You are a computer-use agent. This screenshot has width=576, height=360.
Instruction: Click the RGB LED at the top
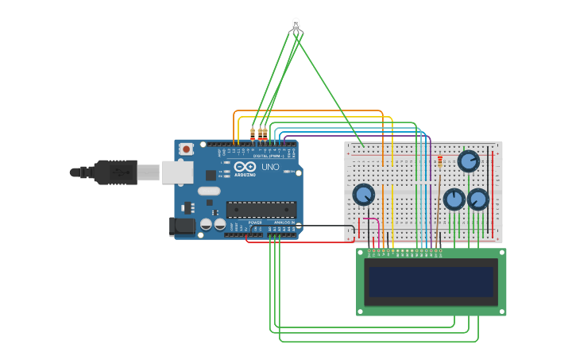(x=296, y=25)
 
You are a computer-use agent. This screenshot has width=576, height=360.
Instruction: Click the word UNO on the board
(x=270, y=168)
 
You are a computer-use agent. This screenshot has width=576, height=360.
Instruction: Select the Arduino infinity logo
(x=245, y=167)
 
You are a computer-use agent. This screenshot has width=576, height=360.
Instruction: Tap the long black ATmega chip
(x=261, y=210)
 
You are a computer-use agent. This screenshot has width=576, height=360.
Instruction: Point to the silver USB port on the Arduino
(x=176, y=172)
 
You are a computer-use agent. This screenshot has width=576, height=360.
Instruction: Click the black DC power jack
(x=183, y=226)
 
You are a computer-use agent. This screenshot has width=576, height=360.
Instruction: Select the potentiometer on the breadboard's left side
(x=363, y=194)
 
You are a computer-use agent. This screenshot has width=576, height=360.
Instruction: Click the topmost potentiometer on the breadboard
(x=469, y=161)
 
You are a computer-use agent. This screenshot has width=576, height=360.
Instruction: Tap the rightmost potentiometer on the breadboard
(x=477, y=199)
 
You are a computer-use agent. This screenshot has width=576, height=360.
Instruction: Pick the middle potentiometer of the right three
(x=454, y=199)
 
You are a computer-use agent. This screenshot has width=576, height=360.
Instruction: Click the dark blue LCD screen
(x=431, y=281)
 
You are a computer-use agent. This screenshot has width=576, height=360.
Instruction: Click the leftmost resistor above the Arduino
(x=253, y=134)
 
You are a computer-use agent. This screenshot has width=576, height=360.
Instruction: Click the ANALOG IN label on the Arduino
(x=284, y=223)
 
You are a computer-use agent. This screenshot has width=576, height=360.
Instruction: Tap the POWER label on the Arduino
(x=254, y=223)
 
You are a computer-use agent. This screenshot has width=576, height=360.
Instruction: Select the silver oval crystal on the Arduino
(x=209, y=191)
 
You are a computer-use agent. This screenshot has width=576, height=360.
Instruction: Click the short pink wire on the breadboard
(x=369, y=219)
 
